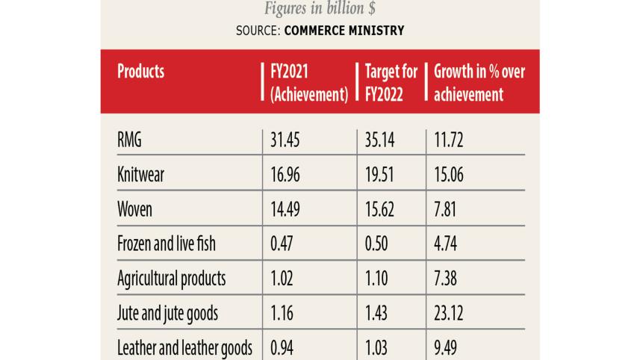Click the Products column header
(141, 72)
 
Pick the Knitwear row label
(141, 175)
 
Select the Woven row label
(135, 209)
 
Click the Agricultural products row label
(172, 279)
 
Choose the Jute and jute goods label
(168, 314)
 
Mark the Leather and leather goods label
(185, 347)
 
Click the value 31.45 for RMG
(285, 140)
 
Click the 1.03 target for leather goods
(379, 347)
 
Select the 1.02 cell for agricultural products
(282, 279)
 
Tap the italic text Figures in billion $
(320, 9)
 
